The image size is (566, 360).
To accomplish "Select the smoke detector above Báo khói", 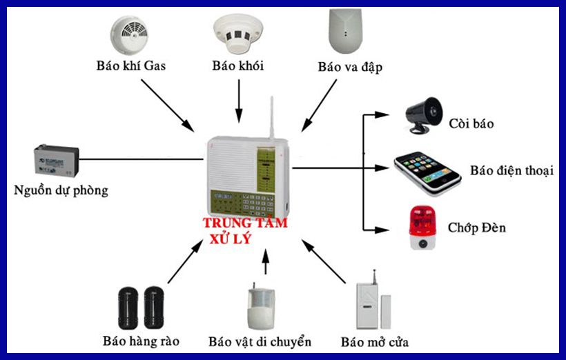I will click(239, 34).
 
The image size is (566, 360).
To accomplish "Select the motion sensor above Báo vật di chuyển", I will click(262, 308).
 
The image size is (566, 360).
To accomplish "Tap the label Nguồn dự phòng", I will click(61, 190).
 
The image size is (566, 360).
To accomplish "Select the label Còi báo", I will click(471, 124).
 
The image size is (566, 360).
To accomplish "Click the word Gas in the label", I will click(154, 67).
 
